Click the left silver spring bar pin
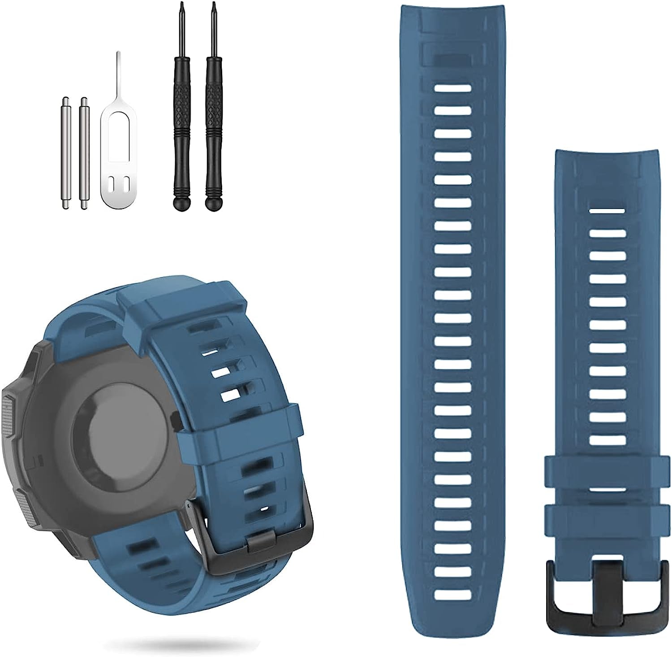point(65,152)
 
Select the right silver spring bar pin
point(83,152)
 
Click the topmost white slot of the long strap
point(452,87)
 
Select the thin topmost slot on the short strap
point(607,210)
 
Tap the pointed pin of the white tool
point(117,67)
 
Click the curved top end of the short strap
point(607,157)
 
